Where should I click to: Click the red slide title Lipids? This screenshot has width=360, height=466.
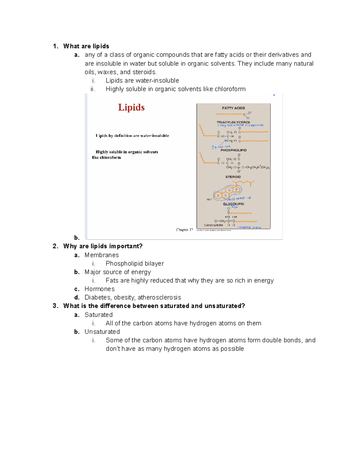tap(131, 107)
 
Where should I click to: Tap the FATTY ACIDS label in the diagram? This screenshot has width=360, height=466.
tap(233, 108)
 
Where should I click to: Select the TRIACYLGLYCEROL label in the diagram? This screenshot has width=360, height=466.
tap(233, 122)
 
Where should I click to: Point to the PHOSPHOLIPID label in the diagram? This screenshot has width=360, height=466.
tap(233, 150)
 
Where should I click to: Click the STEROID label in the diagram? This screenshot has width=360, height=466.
tap(233, 177)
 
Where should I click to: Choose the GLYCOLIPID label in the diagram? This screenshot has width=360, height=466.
tap(233, 204)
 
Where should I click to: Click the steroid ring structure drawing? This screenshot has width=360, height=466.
tap(227, 192)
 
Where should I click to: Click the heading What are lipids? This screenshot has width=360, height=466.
tap(86, 46)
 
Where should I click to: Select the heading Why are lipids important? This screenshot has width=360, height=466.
tap(103, 246)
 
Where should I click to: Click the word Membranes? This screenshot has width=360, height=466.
tap(101, 255)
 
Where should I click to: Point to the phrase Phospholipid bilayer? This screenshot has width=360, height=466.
tap(135, 263)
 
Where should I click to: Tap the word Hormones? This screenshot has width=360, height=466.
tap(99, 289)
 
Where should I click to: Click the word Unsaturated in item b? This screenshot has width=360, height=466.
tap(102, 332)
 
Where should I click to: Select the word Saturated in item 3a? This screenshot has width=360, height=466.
tap(98, 315)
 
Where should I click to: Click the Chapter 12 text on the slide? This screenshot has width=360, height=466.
tap(184, 230)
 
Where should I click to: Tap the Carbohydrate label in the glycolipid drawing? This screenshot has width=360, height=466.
tap(213, 225)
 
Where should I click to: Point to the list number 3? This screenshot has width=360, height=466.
tap(55, 306)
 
